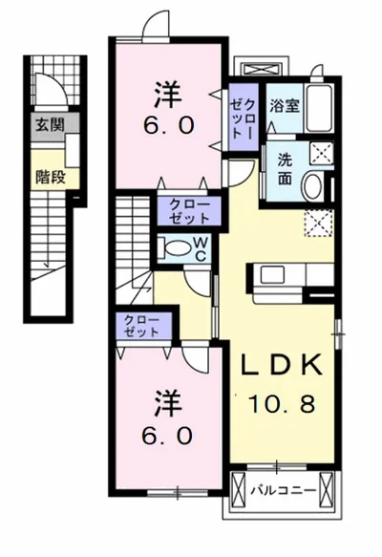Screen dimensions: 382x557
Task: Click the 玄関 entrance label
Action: [x=50, y=125]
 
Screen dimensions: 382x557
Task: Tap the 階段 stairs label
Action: [x=51, y=176]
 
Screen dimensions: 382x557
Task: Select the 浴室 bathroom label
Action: [x=285, y=105]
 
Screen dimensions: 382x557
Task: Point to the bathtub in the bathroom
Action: [x=319, y=108]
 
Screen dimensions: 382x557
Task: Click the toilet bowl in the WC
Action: [x=179, y=247]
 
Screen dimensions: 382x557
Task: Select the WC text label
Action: [x=201, y=249]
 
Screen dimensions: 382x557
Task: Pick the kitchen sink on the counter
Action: [x=272, y=274]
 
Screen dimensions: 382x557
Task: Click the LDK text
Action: [x=283, y=365]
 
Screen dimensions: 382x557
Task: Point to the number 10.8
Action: [x=282, y=404]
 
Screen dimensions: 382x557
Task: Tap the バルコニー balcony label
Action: [x=284, y=491]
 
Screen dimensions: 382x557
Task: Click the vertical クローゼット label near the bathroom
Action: [x=244, y=118]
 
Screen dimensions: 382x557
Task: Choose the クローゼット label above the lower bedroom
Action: [x=141, y=326]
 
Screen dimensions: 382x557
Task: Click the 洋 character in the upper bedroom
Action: [x=168, y=95]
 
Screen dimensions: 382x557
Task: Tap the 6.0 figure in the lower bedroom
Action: [x=167, y=436]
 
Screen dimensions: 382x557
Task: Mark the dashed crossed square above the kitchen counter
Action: [x=319, y=223]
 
